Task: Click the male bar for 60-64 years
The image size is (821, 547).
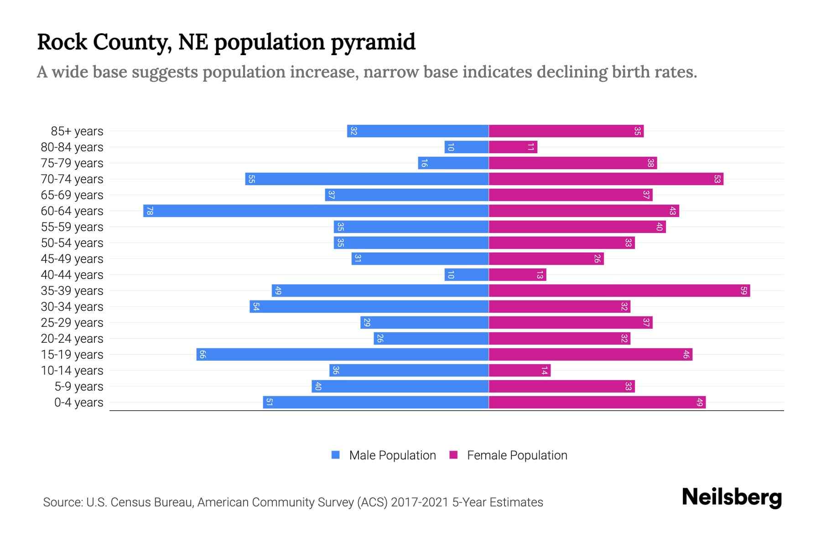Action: [316, 211]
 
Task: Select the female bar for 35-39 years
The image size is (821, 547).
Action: [619, 291]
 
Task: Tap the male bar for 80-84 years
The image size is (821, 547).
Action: [467, 147]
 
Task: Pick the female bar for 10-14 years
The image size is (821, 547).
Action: [520, 371]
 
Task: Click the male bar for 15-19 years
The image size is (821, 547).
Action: [342, 355]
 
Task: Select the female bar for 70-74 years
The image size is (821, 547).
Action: [606, 179]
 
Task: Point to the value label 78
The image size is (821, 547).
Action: [150, 211]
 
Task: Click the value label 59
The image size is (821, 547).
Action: [743, 291]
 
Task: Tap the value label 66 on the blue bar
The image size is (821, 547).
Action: [203, 355]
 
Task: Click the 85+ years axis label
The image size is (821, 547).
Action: [77, 131]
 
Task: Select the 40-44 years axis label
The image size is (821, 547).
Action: [72, 275]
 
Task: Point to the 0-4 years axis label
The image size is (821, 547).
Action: [78, 403]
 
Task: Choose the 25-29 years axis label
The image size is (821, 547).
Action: [72, 323]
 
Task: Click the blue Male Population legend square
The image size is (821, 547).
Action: [336, 455]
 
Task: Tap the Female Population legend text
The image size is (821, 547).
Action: [517, 455]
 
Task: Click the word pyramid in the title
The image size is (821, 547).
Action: [373, 42]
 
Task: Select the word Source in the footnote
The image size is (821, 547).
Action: [62, 502]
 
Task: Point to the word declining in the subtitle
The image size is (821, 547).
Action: [572, 72]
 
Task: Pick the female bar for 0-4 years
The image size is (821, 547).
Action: [597, 403]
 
